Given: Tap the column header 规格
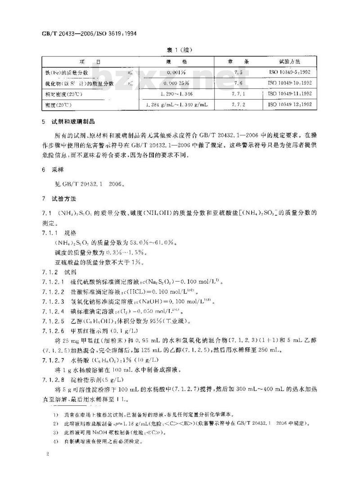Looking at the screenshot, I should point(173,61).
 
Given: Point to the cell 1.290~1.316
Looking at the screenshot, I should point(173,94).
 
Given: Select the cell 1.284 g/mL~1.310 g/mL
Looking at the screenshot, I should point(173,105).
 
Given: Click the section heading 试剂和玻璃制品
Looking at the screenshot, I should point(74,122).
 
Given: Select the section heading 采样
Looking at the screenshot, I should point(58,173).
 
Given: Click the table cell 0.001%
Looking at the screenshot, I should point(173,72).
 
